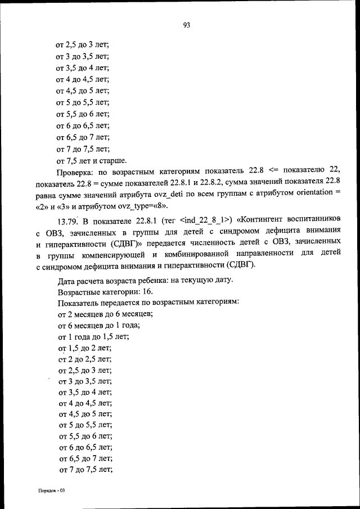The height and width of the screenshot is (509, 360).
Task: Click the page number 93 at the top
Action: [186, 25]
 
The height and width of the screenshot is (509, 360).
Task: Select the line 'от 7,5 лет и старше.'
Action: [91, 161]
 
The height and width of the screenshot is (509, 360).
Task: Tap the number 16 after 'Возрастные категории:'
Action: [146, 291]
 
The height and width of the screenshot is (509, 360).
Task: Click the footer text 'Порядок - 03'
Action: [48, 490]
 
